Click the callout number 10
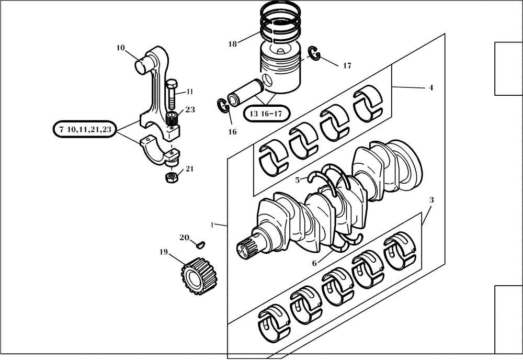(120, 48)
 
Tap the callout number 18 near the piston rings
(232, 44)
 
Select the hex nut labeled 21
(170, 178)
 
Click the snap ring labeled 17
(314, 53)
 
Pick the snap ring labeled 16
(222, 105)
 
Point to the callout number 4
(430, 88)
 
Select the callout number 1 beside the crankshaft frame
(212, 224)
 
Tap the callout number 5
(297, 180)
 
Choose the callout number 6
(314, 263)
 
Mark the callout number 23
(190, 110)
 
